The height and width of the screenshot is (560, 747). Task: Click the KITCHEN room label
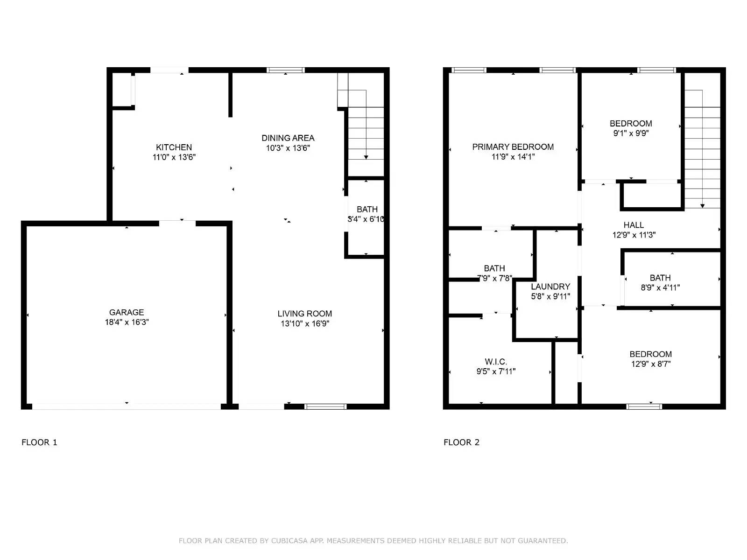pyautogui.click(x=174, y=147)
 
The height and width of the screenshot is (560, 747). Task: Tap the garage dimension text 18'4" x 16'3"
pyautogui.click(x=127, y=322)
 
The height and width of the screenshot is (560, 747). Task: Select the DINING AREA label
pyautogui.click(x=288, y=138)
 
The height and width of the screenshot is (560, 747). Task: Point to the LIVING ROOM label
pyautogui.click(x=304, y=314)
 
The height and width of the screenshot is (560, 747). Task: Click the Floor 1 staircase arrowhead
pyautogui.click(x=366, y=157)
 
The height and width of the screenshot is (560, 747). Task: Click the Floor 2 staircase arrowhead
pyautogui.click(x=702, y=205)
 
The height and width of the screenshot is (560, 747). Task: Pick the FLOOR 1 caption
pyautogui.click(x=39, y=442)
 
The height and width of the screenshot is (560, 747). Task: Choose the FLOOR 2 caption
pyautogui.click(x=461, y=442)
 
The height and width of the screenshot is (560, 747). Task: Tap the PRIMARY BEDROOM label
pyautogui.click(x=513, y=147)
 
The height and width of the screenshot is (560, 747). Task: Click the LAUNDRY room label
pyautogui.click(x=550, y=287)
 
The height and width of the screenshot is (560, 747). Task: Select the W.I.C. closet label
pyautogui.click(x=496, y=362)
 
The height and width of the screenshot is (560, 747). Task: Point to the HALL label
pyautogui.click(x=634, y=225)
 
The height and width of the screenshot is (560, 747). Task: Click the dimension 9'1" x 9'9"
pyautogui.click(x=631, y=133)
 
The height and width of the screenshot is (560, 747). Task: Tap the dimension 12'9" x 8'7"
pyautogui.click(x=651, y=364)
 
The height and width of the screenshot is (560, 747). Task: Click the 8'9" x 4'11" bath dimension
pyautogui.click(x=660, y=288)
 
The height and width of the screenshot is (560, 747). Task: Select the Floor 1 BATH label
pyautogui.click(x=367, y=209)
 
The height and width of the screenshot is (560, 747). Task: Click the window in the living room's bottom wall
pyautogui.click(x=325, y=406)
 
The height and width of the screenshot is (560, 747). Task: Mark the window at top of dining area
pyautogui.click(x=286, y=70)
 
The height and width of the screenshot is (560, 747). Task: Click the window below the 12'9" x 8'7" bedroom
pyautogui.click(x=644, y=406)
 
